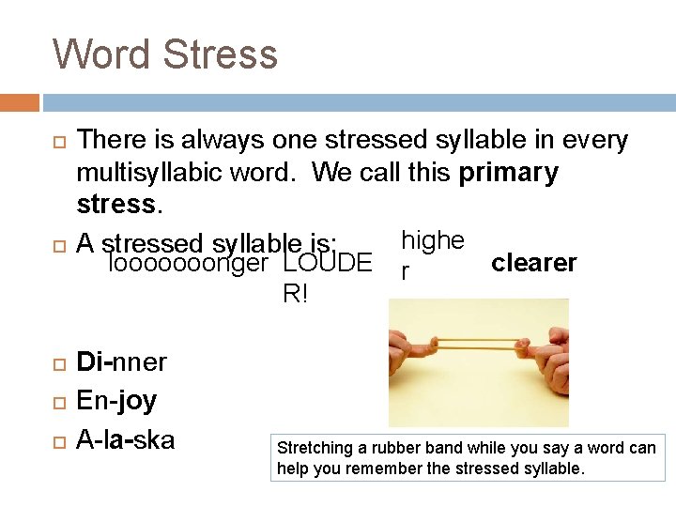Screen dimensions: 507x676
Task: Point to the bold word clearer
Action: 533,263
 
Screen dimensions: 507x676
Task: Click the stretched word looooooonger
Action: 189,265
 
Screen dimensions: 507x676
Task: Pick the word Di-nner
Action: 121,361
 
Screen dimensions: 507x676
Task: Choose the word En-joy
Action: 116,401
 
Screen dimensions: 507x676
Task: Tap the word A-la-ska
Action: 125,438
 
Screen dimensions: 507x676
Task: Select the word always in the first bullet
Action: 221,141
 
